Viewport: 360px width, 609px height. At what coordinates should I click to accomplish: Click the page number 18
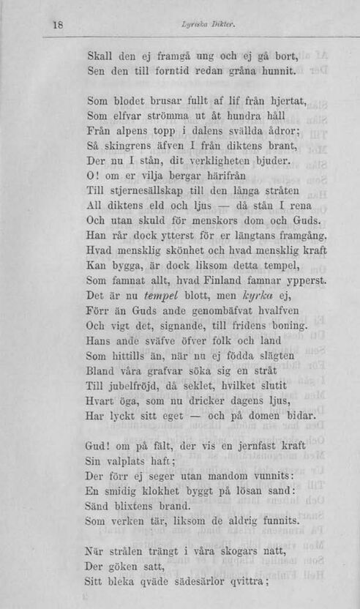[x=59, y=24]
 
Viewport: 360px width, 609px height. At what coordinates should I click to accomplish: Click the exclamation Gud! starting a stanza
[x=100, y=447]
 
